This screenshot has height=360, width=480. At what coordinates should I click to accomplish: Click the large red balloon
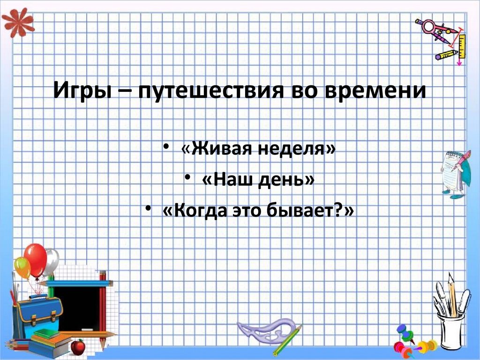[x=36, y=259]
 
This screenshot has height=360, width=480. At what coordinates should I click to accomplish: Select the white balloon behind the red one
[x=51, y=261]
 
